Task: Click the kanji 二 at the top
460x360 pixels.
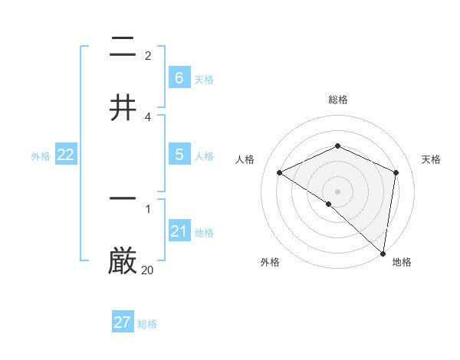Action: point(123,49)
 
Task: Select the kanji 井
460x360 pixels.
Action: point(123,107)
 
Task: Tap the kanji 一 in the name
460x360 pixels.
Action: point(123,198)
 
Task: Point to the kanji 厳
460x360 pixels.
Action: point(123,260)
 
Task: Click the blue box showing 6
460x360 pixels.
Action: point(179,77)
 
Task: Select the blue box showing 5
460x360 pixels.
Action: point(179,154)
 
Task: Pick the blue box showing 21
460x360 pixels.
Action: point(179,231)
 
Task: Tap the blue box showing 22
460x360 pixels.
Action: point(66,154)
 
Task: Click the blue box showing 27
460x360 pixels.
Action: point(123,322)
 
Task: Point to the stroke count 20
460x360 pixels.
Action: point(147,270)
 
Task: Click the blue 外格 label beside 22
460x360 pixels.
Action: point(41,155)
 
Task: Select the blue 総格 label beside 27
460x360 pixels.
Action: point(147,324)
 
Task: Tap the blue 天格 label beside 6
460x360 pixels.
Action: point(204,79)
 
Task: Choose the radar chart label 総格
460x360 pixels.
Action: point(338,100)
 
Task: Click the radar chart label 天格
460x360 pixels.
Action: point(432,159)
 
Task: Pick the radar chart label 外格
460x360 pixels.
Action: point(270,262)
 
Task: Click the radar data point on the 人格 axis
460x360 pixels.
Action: point(280,172)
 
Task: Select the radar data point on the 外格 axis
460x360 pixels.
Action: point(329,204)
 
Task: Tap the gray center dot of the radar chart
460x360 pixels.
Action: point(338,191)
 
